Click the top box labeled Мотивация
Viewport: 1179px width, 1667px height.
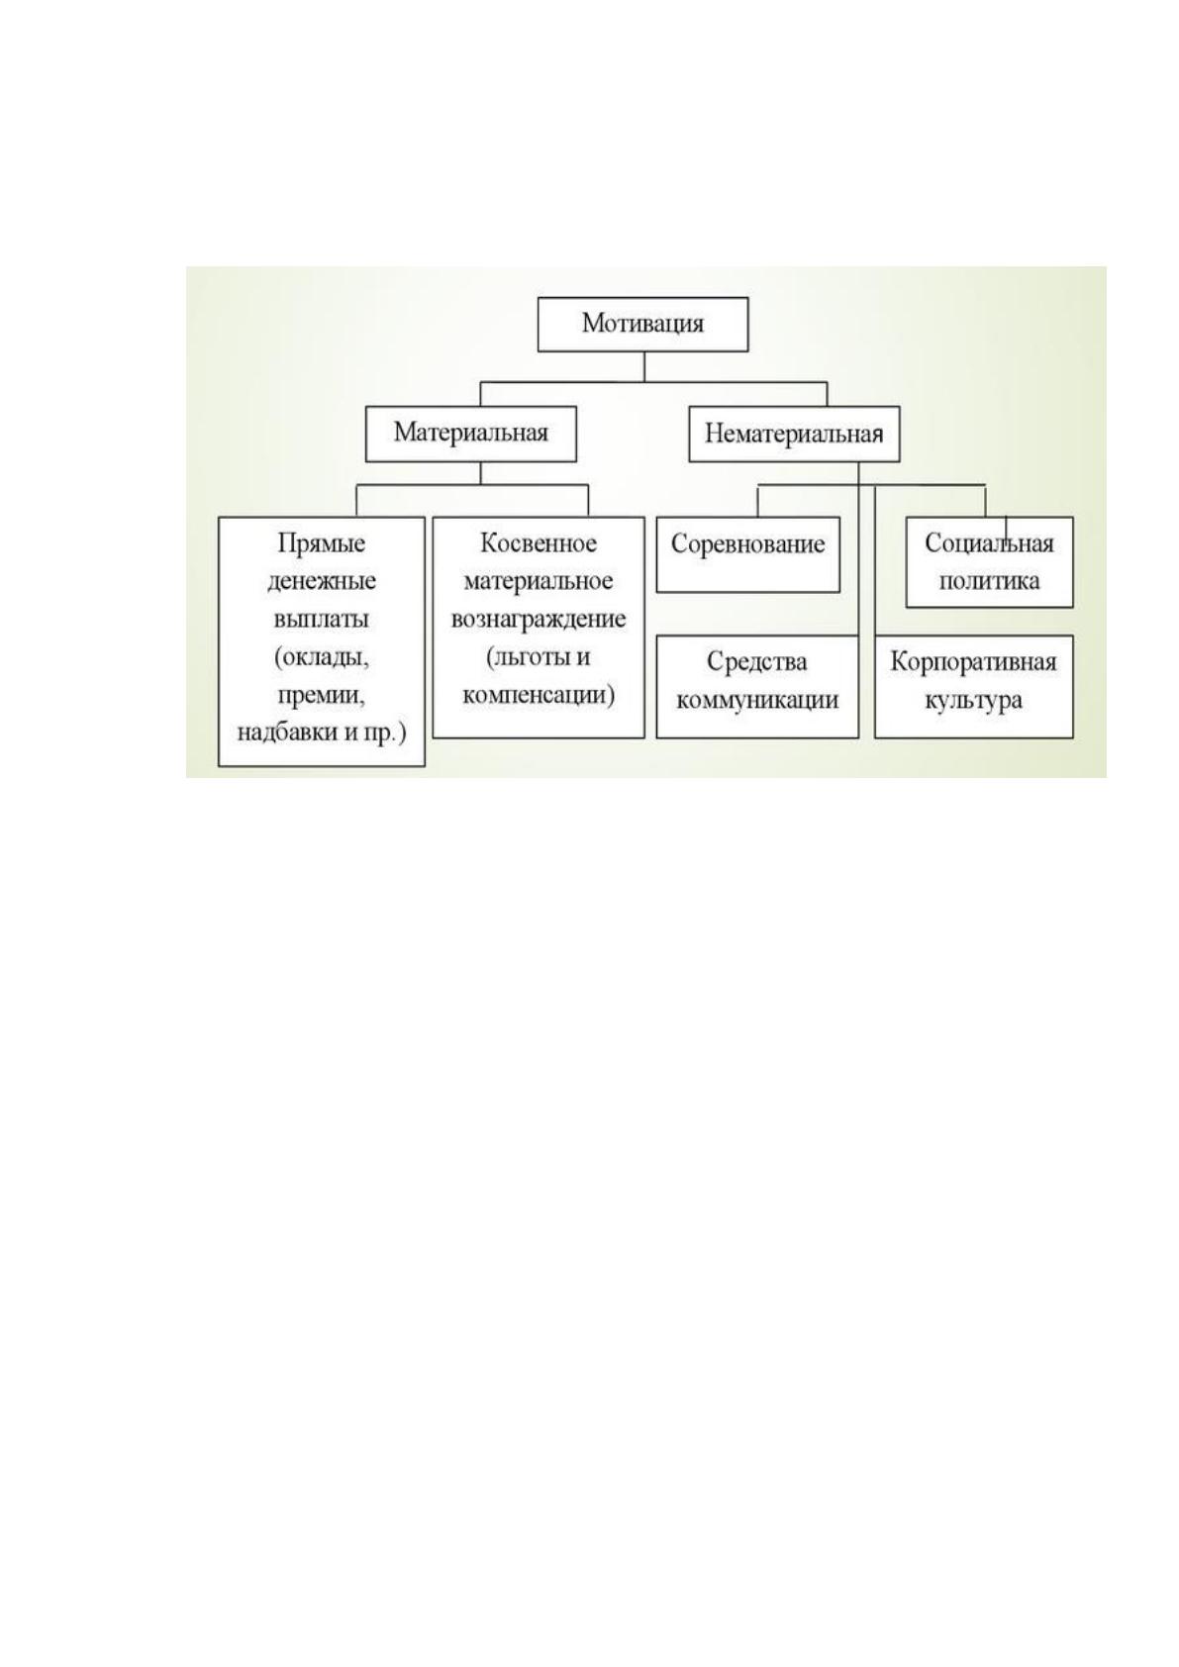click(642, 325)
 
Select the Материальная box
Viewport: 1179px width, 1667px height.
click(470, 434)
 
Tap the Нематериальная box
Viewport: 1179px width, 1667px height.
click(794, 434)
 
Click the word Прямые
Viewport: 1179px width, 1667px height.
click(322, 544)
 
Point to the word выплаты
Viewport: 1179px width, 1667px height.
click(322, 619)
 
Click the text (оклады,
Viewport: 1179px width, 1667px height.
click(322, 658)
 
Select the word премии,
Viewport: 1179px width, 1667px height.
click(322, 696)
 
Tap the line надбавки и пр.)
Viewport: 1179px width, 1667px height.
click(322, 734)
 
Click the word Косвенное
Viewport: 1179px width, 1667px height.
click(539, 543)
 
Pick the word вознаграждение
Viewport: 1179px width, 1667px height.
click(539, 620)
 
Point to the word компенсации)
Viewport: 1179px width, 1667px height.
click(539, 696)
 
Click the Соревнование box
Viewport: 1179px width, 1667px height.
click(748, 555)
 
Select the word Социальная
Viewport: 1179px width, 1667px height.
click(989, 543)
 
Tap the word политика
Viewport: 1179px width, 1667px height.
click(989, 581)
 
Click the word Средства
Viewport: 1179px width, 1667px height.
click(757, 661)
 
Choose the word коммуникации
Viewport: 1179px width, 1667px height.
click(757, 700)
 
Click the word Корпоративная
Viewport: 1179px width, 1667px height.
click(973, 662)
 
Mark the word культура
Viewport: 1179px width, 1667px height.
click(973, 701)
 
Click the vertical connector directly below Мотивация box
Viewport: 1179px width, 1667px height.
click(644, 367)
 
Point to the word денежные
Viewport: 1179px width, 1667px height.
click(322, 581)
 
